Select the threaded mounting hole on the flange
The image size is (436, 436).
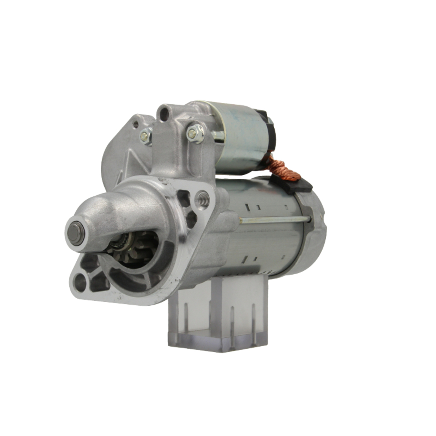(203, 199)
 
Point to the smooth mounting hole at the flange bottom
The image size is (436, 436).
(80, 283)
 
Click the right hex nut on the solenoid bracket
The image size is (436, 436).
(195, 133)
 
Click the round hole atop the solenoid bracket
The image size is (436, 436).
(164, 114)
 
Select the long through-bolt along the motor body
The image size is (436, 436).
(275, 220)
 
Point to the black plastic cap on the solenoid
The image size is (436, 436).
(269, 131)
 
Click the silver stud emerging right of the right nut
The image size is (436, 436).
(218, 136)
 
